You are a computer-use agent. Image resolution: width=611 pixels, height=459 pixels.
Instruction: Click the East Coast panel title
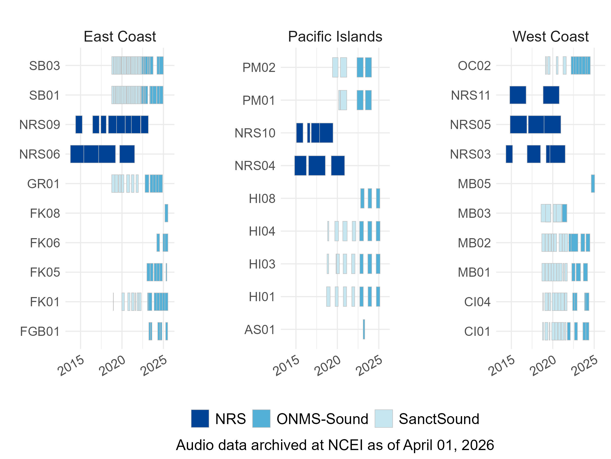pyautogui.click(x=120, y=36)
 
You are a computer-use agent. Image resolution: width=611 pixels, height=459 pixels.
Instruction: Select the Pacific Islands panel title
pyautogui.click(x=335, y=36)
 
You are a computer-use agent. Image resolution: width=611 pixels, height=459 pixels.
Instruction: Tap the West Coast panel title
pyautogui.click(x=550, y=36)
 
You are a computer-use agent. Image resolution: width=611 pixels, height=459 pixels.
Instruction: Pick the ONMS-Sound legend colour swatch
pyautogui.click(x=261, y=418)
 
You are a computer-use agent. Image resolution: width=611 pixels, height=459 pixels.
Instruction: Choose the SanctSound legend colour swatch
pyautogui.click(x=383, y=418)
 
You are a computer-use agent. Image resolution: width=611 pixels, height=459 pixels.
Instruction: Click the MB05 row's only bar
pyautogui.click(x=593, y=183)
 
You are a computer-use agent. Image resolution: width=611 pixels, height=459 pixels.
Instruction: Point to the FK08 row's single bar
pyautogui.click(x=166, y=213)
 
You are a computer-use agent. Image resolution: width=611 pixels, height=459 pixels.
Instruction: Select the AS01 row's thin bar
pyautogui.click(x=364, y=329)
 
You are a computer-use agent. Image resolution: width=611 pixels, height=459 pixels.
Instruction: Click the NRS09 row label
pyautogui.click(x=39, y=124)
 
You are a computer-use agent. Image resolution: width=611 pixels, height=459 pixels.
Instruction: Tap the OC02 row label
pyautogui.click(x=474, y=66)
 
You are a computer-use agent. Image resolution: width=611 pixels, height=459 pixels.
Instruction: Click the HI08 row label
pyautogui.click(x=262, y=198)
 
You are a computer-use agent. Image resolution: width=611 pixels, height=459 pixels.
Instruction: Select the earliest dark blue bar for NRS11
pyautogui.click(x=518, y=95)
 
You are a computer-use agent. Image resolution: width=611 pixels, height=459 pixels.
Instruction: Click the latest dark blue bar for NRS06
pyautogui.click(x=127, y=154)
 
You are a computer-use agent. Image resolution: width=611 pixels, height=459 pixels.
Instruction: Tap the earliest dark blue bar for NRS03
pyautogui.click(x=509, y=154)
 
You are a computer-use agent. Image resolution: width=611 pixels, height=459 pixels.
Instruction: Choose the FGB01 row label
pyautogui.click(x=40, y=331)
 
